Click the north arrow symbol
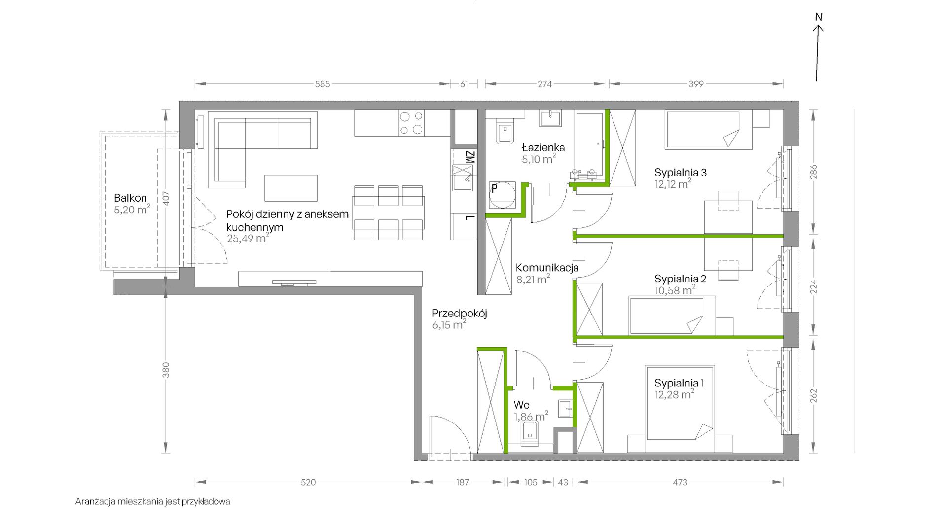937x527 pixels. click(818, 49)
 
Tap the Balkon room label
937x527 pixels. click(130, 198)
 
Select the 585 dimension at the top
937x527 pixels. click(323, 84)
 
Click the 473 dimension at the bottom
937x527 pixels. click(680, 482)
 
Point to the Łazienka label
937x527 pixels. click(543, 147)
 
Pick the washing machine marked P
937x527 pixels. click(502, 196)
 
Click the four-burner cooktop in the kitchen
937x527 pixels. click(411, 123)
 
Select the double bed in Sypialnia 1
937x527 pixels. click(680, 403)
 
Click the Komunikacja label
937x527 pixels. click(547, 268)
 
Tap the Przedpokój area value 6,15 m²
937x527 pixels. click(449, 325)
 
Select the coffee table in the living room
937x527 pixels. click(291, 188)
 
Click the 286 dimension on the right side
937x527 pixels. click(814, 172)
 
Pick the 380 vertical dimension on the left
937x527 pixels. click(166, 370)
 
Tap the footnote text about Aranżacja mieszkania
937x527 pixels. click(152, 502)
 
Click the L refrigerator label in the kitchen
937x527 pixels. click(469, 218)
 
